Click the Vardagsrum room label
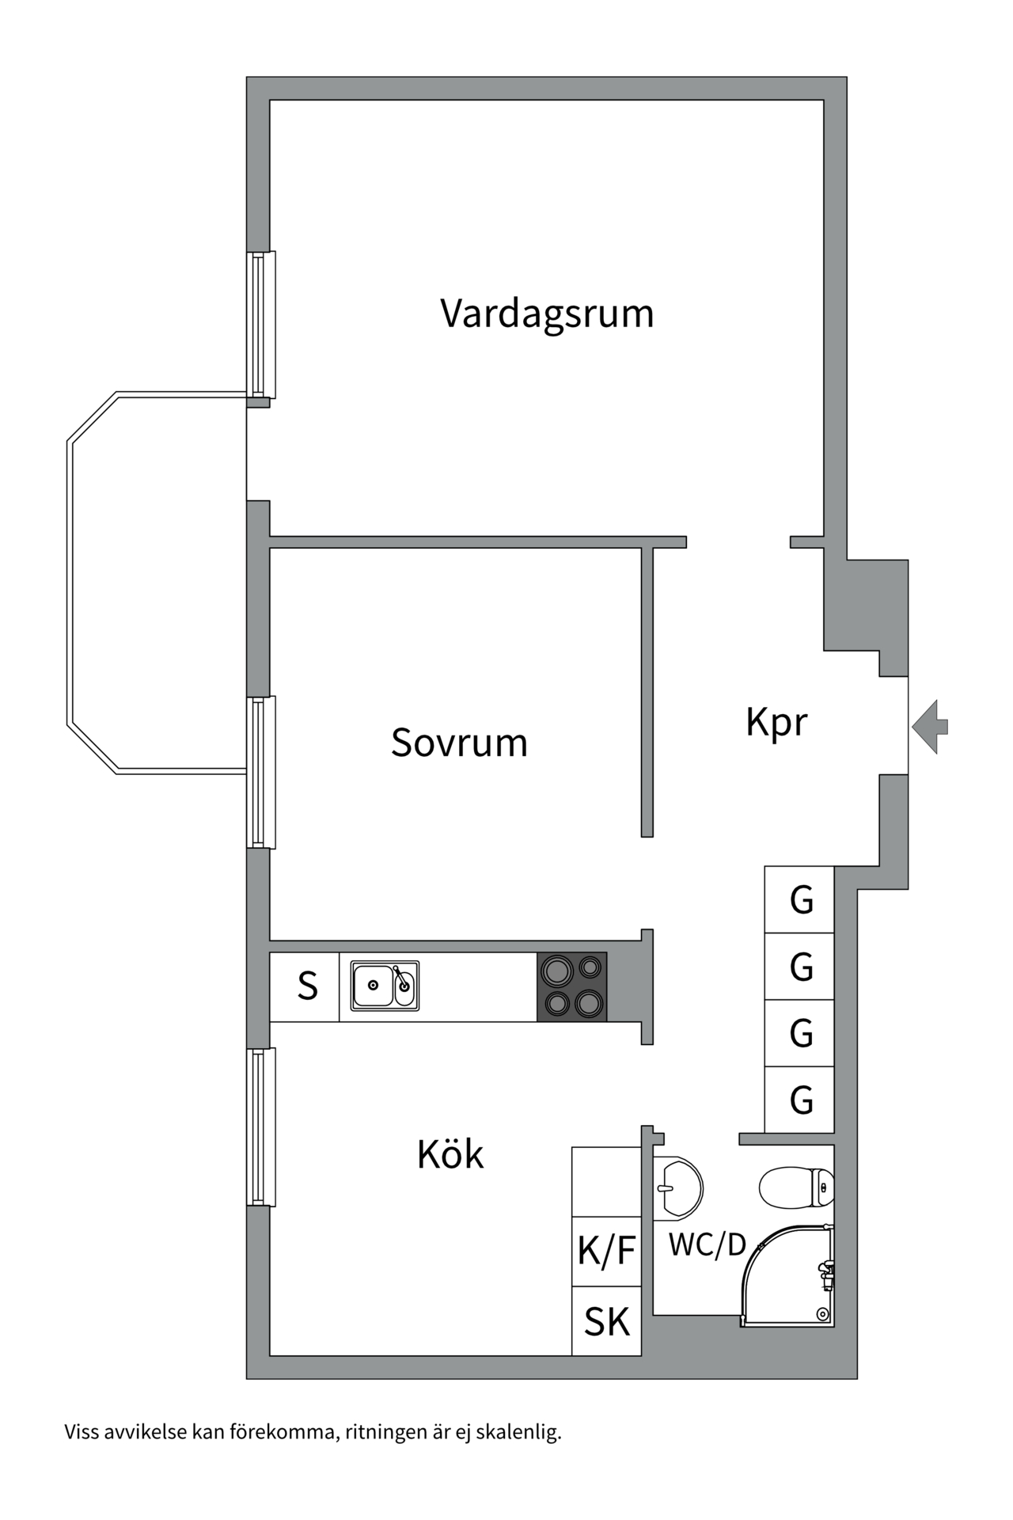(547, 313)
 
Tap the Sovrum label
(459, 743)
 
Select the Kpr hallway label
(776, 722)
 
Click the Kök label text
(450, 1155)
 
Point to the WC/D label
(707, 1245)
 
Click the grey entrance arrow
(930, 726)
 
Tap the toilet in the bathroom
(795, 1187)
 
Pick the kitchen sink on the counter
(385, 986)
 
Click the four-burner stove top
(572, 986)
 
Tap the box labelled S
(306, 986)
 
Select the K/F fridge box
(606, 1251)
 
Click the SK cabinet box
(606, 1321)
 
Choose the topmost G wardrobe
(800, 900)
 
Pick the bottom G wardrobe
(800, 1100)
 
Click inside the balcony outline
(158, 582)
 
